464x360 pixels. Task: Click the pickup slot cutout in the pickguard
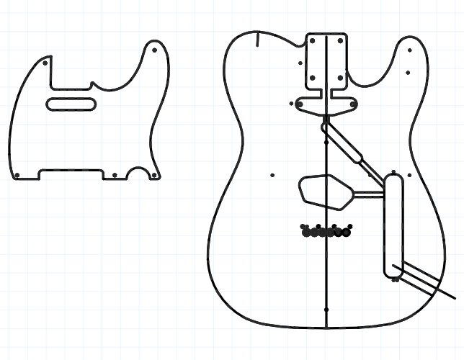72,103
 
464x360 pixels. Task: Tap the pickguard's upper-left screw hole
46,63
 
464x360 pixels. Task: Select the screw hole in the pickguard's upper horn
156,51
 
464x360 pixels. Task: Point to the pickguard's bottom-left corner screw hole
17,175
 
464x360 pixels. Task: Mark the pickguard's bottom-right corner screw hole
153,175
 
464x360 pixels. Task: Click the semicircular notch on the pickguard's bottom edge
136,175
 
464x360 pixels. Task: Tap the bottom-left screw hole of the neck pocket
313,77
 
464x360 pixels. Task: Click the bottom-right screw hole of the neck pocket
340,77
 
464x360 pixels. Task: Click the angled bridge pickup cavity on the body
326,191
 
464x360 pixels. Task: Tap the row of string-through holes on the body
326,232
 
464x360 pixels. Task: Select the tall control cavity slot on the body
394,223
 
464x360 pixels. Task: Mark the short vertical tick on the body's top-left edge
257,39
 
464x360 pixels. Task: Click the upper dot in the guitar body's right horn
409,50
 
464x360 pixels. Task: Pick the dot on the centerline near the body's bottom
326,310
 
